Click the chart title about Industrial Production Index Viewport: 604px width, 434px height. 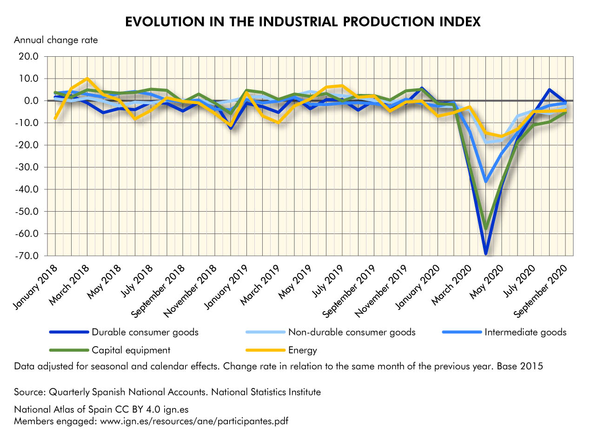303,22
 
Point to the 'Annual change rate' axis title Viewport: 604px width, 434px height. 56,40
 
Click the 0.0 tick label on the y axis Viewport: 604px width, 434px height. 32,101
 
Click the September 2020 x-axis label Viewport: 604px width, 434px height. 542,291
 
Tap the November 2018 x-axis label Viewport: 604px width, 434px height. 195,291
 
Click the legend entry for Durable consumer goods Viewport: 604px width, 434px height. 145,332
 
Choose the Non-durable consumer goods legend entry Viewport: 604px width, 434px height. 352,332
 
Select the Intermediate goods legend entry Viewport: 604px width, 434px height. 525,332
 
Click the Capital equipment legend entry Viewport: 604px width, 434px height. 131,350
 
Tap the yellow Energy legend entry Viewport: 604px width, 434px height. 302,350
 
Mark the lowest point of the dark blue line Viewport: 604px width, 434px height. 486,254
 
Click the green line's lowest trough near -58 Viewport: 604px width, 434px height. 486,228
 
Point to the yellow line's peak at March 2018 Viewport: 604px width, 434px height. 87,79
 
